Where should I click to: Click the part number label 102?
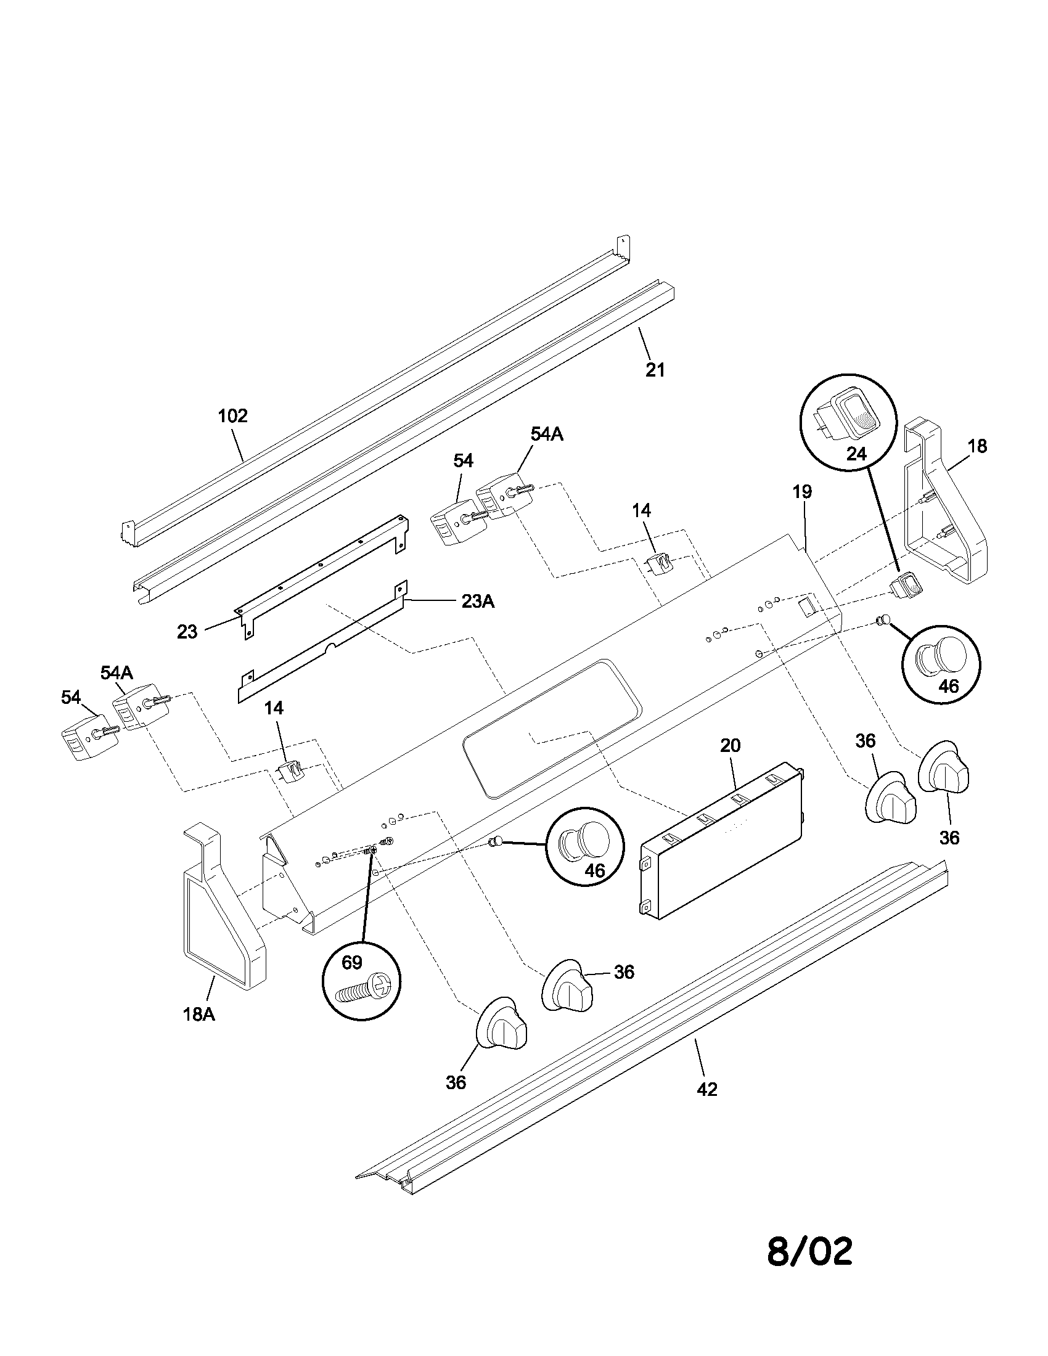[233, 415]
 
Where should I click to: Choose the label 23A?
[477, 601]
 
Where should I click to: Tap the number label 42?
[707, 1089]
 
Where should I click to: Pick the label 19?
[802, 492]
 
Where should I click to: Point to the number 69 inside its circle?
[351, 962]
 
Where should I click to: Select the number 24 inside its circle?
[856, 454]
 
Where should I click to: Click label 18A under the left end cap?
[199, 1015]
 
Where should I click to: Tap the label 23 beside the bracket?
[187, 632]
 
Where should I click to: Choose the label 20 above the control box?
[731, 745]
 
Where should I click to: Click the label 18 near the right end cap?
[977, 446]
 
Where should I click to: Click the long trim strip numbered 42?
[652, 1024]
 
